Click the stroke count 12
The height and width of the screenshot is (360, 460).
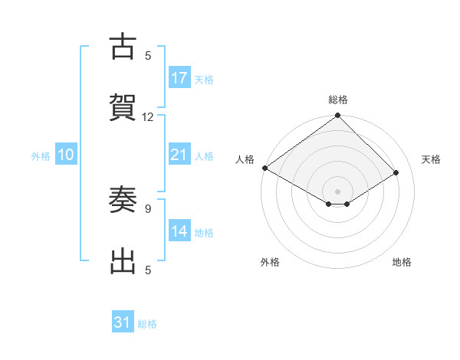(148, 117)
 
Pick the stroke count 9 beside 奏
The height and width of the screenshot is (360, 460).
(148, 208)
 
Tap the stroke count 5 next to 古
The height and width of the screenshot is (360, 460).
(148, 55)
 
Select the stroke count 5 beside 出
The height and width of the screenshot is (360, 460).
(148, 270)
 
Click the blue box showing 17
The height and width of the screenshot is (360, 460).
(179, 78)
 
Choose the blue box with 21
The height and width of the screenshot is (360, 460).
(179, 155)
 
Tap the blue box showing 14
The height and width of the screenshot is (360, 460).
(179, 231)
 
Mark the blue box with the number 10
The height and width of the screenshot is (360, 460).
(66, 155)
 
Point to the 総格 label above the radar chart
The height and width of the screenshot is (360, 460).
(337, 100)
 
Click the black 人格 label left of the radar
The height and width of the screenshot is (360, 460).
(245, 159)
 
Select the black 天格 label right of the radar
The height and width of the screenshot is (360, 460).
(431, 159)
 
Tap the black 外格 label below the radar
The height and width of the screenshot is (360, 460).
(270, 262)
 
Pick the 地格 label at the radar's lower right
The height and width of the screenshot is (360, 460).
(402, 262)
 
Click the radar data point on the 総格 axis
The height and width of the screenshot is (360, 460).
(337, 116)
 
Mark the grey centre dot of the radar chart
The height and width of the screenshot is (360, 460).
(337, 191)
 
